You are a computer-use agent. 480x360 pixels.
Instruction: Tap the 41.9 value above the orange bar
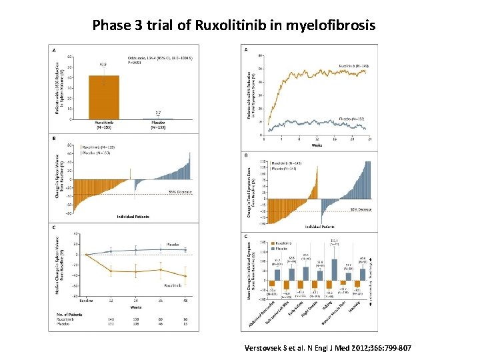pyautogui.click(x=103, y=65)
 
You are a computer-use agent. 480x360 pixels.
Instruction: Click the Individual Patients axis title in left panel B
pyautogui.click(x=133, y=217)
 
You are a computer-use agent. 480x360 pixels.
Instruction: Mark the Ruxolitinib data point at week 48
pyautogui.click(x=185, y=275)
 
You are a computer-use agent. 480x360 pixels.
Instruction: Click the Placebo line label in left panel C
pyautogui.click(x=172, y=244)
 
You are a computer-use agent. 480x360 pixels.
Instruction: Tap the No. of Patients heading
pyautogui.click(x=69, y=314)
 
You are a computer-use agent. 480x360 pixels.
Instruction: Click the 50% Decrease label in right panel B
pyautogui.click(x=361, y=209)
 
